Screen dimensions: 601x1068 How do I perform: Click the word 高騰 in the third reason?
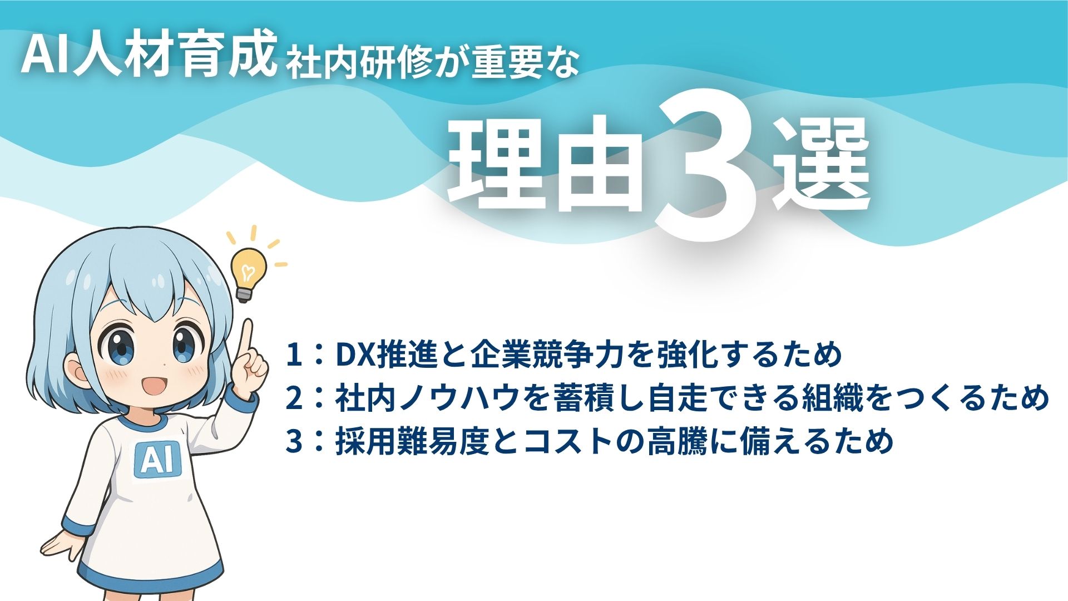[x=676, y=441]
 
